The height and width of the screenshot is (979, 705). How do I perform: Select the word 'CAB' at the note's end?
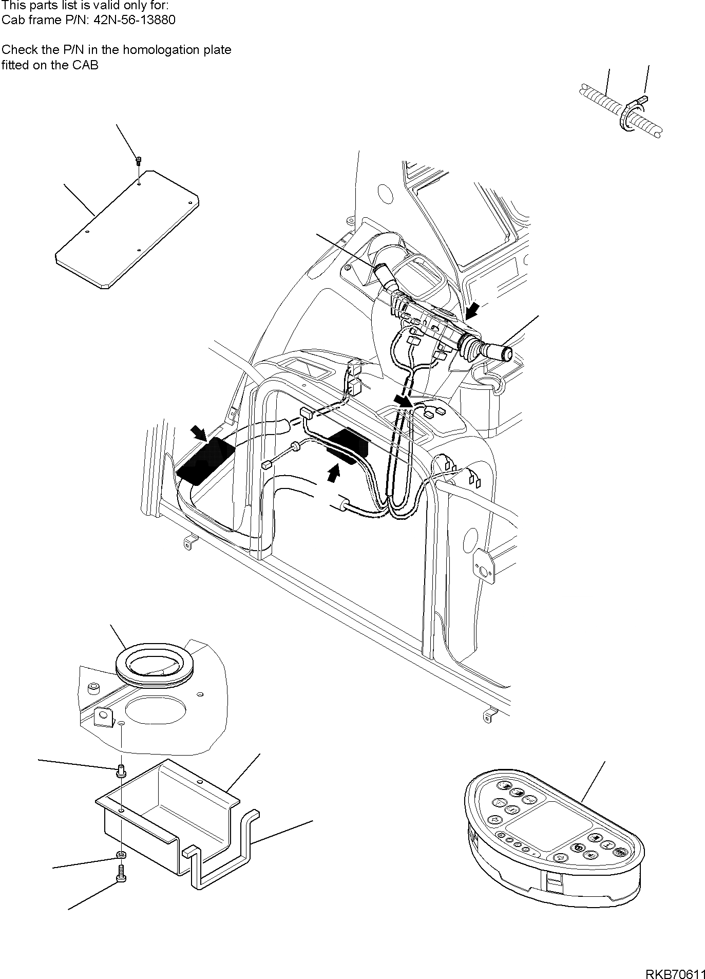pos(86,65)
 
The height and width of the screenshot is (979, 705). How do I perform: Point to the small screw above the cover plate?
pos(139,161)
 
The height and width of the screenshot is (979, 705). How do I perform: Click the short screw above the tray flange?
pos(121,769)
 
